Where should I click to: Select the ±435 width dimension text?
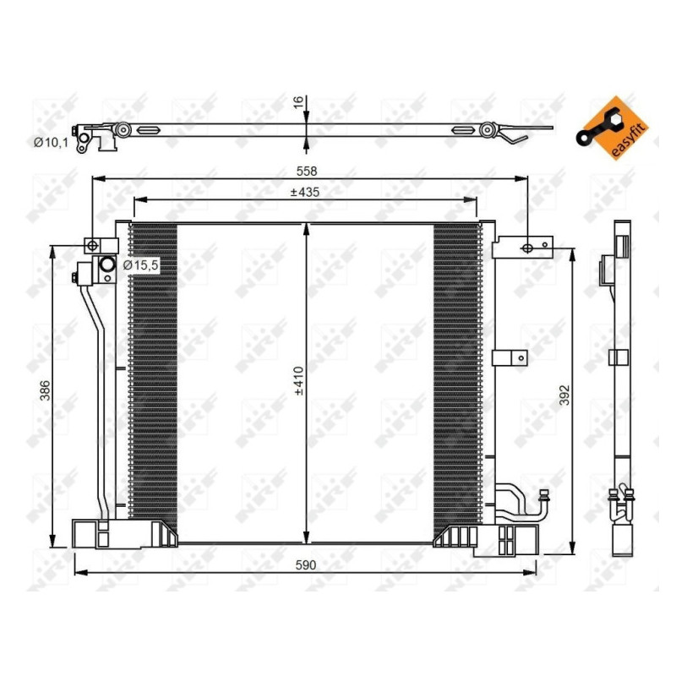pos(304,193)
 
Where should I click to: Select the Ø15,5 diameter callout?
pos(140,264)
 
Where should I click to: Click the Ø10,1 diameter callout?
pos(50,143)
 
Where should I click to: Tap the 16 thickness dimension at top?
pos(297,101)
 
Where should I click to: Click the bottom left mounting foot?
pos(93,534)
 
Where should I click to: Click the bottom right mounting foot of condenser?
pos(507,539)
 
